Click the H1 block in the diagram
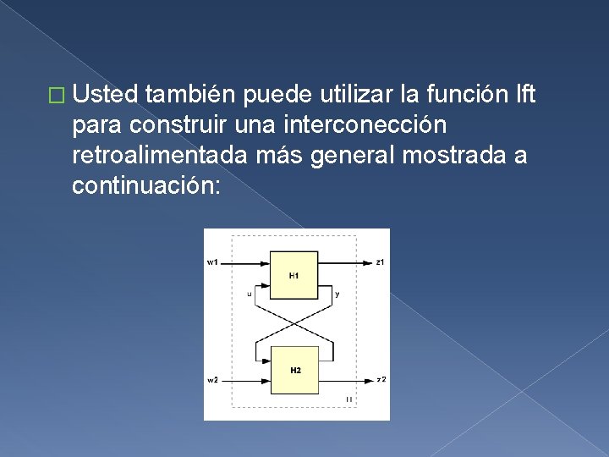click(x=294, y=275)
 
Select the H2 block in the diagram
click(x=294, y=370)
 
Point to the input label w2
click(x=212, y=380)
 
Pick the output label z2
click(x=381, y=379)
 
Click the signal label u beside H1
click(x=249, y=295)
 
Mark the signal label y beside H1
click(x=338, y=295)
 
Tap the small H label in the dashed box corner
click(x=349, y=399)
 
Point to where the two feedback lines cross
click(x=294, y=322)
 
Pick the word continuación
click(x=145, y=185)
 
